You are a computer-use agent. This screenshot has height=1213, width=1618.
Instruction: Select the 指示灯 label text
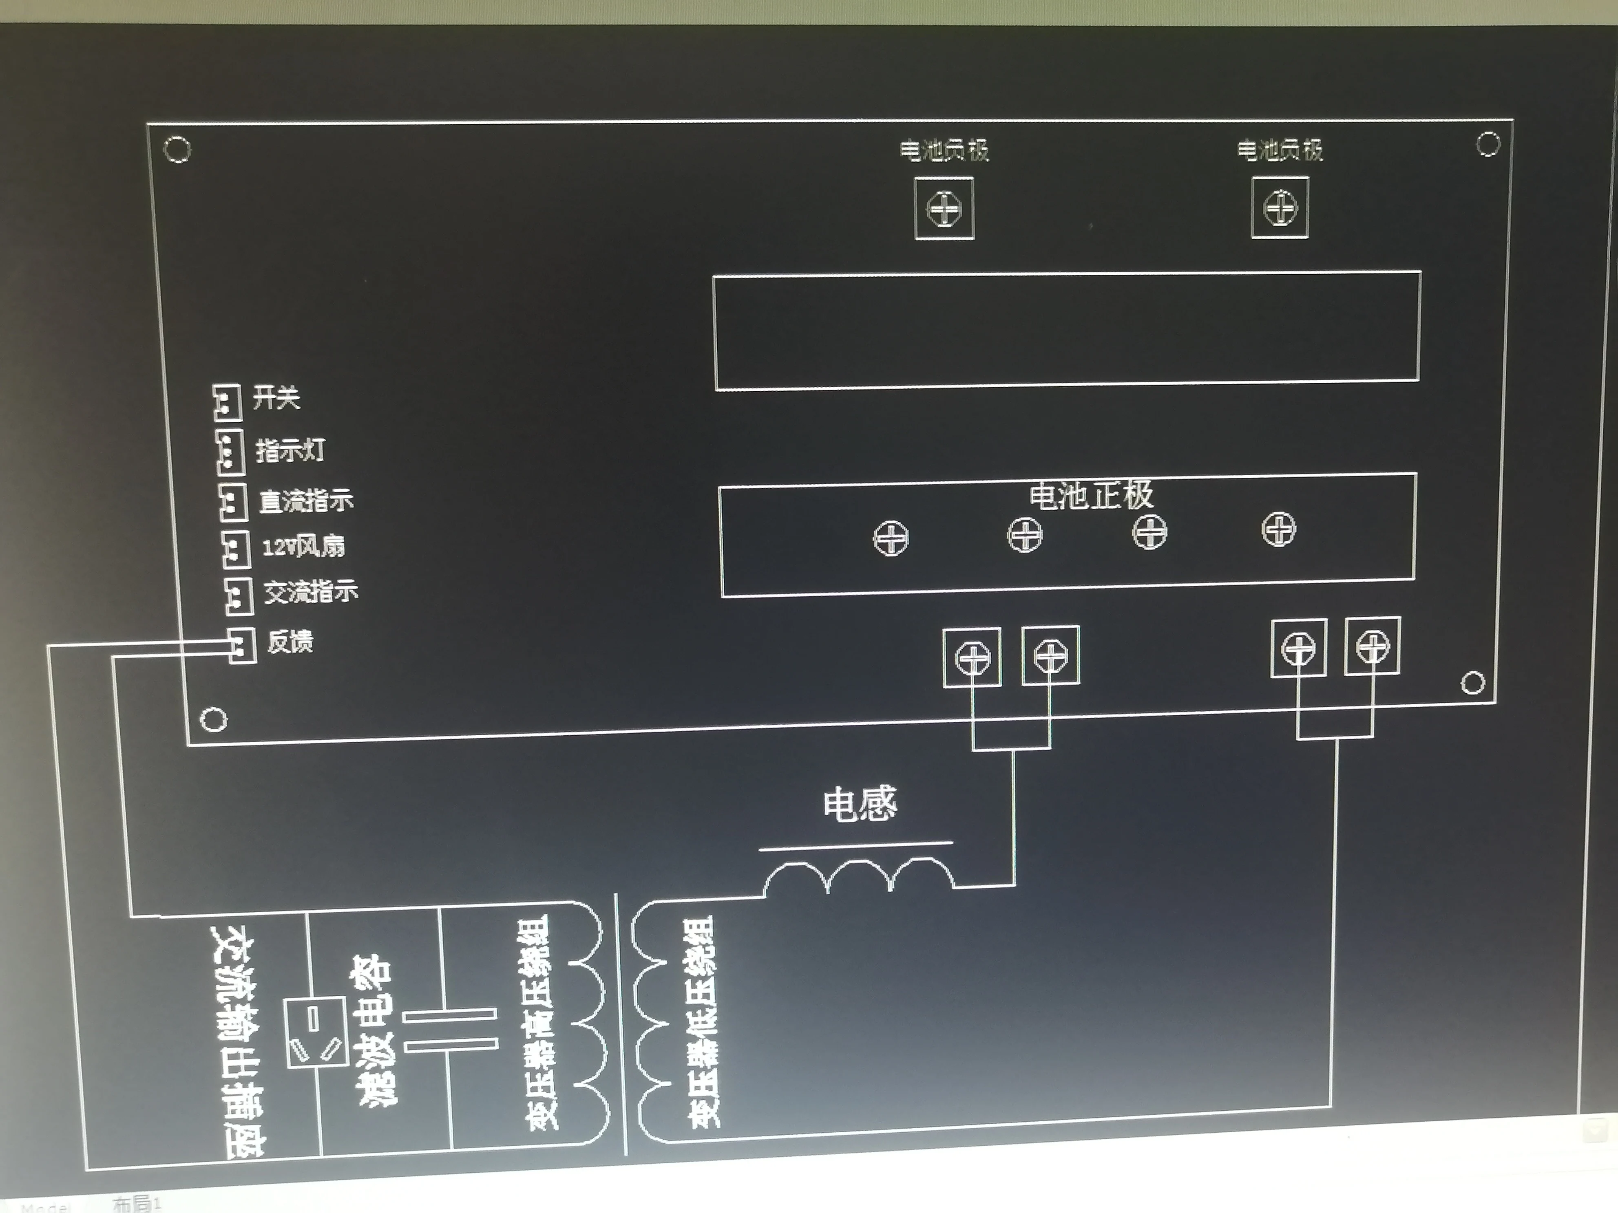[x=290, y=450]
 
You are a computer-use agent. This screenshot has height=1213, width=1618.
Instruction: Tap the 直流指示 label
[x=306, y=501]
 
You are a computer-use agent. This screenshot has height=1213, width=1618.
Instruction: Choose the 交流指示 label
[x=310, y=591]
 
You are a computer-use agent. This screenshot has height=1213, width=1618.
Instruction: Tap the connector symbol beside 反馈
[x=241, y=645]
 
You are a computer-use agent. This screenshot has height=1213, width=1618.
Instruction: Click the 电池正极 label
[x=1091, y=495]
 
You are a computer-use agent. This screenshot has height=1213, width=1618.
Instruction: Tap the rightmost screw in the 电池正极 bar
[x=1279, y=529]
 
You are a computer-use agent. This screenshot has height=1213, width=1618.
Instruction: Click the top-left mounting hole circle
[x=177, y=150]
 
